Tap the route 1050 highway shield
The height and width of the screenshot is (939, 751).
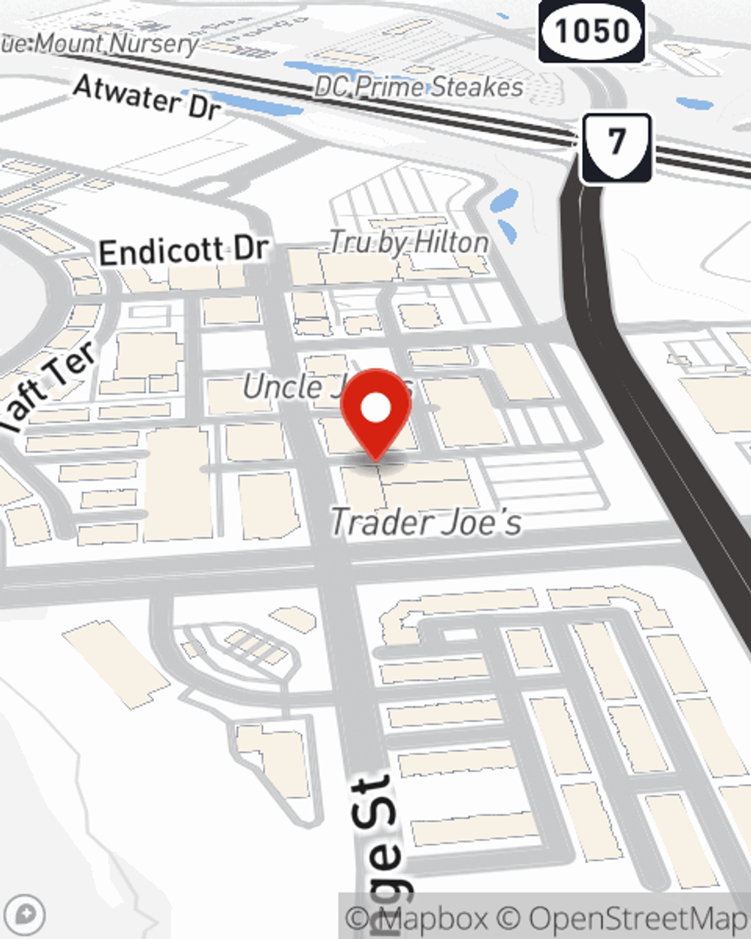pos(592,31)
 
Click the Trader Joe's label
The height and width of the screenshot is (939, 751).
pos(426,522)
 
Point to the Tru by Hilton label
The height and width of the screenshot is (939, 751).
pos(409,242)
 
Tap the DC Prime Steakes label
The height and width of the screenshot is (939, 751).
pos(418,87)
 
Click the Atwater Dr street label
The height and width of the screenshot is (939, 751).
pos(147,97)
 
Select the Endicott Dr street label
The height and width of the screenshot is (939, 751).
pos(183,251)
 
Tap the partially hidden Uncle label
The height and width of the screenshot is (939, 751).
pos(284,387)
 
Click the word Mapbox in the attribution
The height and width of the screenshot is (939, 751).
pos(432,918)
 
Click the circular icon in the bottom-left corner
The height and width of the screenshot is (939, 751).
pos(24,915)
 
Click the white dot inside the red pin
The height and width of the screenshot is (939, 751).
pos(375,409)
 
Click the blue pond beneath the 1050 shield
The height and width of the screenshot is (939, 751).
pos(695,103)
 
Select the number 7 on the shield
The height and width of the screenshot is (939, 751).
pos(617,141)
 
